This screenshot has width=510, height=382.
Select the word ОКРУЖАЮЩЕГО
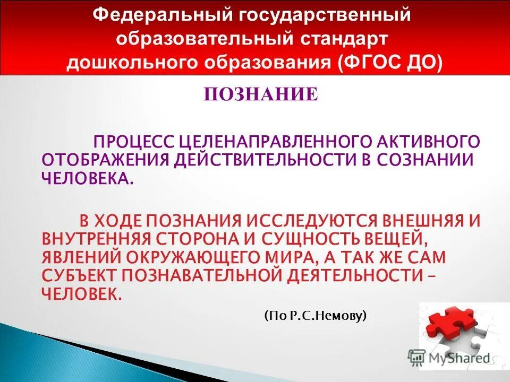tap(206, 257)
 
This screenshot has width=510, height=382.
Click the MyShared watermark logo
tap(449, 357)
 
